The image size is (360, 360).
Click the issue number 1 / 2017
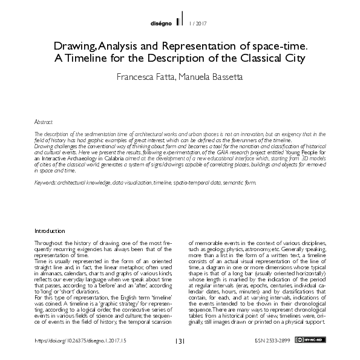click(x=199, y=24)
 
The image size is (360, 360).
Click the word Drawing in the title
click(x=73, y=46)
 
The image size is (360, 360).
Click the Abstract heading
click(x=44, y=122)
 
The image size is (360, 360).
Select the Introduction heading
click(x=50, y=231)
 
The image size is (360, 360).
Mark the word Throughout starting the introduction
click(x=48, y=241)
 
